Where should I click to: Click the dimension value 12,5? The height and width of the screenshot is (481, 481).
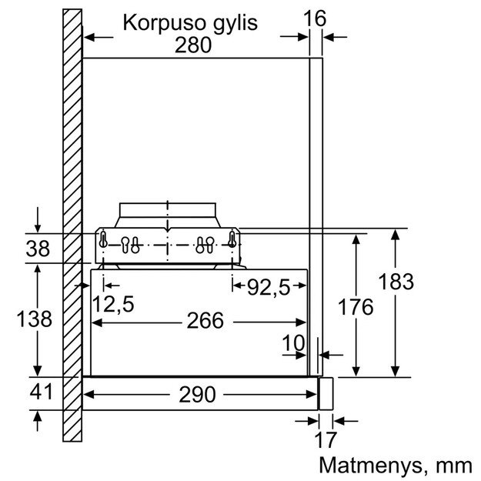click(114, 305)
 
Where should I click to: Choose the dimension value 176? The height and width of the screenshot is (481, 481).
click(355, 307)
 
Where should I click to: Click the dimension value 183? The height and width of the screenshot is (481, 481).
click(395, 282)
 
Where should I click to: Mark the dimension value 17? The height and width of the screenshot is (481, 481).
click(326, 441)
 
